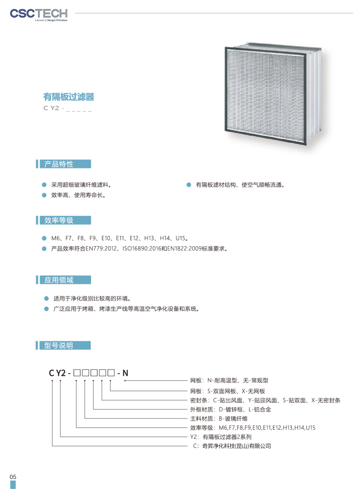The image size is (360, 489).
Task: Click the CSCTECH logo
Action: pos(39,15)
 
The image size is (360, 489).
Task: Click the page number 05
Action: pos(13,477)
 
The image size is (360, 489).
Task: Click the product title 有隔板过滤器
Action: pos(69,97)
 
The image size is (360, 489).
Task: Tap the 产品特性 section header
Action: pos(63,164)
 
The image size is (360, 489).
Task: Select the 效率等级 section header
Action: pos(63,220)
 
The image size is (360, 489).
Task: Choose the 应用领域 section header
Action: pos(63,280)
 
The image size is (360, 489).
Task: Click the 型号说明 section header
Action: pos(63,345)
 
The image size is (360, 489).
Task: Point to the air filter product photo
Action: pos(273,94)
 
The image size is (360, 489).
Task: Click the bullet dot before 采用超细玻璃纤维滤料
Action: pos(44,185)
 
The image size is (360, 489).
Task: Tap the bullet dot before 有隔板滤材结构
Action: pos(189,185)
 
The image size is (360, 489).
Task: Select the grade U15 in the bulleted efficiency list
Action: pos(180,238)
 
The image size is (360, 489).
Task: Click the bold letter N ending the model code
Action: pos(125,373)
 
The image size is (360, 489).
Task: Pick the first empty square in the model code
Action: pos(77,373)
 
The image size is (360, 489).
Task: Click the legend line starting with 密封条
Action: pos(265,400)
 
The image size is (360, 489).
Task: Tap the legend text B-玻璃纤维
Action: pos(233,419)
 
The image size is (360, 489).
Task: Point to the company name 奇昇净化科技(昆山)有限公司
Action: pos(237,446)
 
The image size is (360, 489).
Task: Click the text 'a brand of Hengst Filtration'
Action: pos(51,20)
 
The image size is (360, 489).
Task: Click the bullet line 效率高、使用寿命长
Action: pos(78,195)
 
